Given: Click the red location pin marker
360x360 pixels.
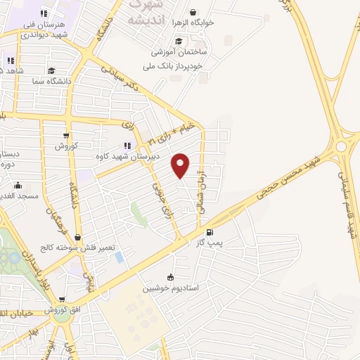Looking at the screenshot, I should tap(181, 165).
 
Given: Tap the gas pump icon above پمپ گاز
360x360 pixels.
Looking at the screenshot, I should tap(209, 233).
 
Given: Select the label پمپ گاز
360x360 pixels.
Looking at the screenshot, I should tap(209, 243).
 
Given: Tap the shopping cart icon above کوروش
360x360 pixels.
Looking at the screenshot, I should tap(66, 136).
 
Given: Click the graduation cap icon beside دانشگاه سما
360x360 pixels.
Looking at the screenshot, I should tap(51, 71).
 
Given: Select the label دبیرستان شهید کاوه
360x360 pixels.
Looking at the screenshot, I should tap(127, 157).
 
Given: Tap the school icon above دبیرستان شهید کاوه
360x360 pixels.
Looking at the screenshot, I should tap(127, 146).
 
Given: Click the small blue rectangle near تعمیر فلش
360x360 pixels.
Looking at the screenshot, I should tap(119, 257).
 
